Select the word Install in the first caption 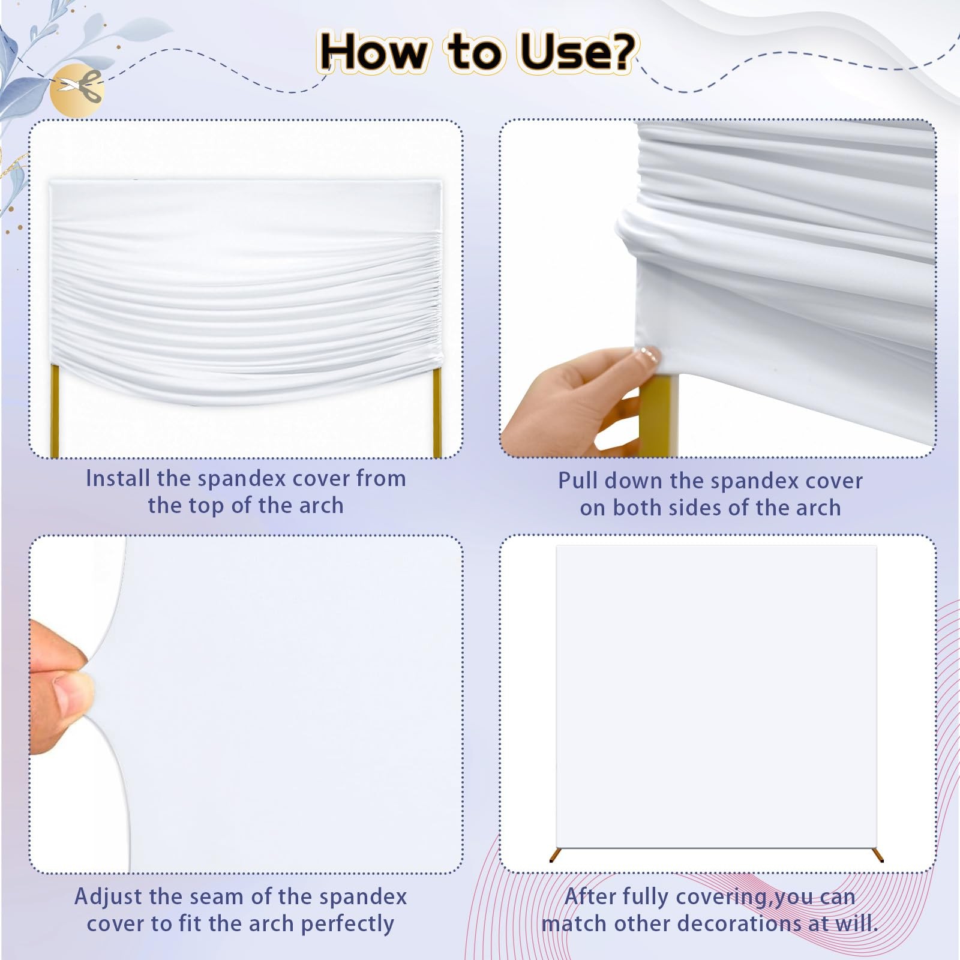click(118, 479)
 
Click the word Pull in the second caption click(578, 481)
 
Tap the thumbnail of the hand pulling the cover click(718, 288)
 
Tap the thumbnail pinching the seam click(246, 704)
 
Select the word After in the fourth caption click(590, 897)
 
